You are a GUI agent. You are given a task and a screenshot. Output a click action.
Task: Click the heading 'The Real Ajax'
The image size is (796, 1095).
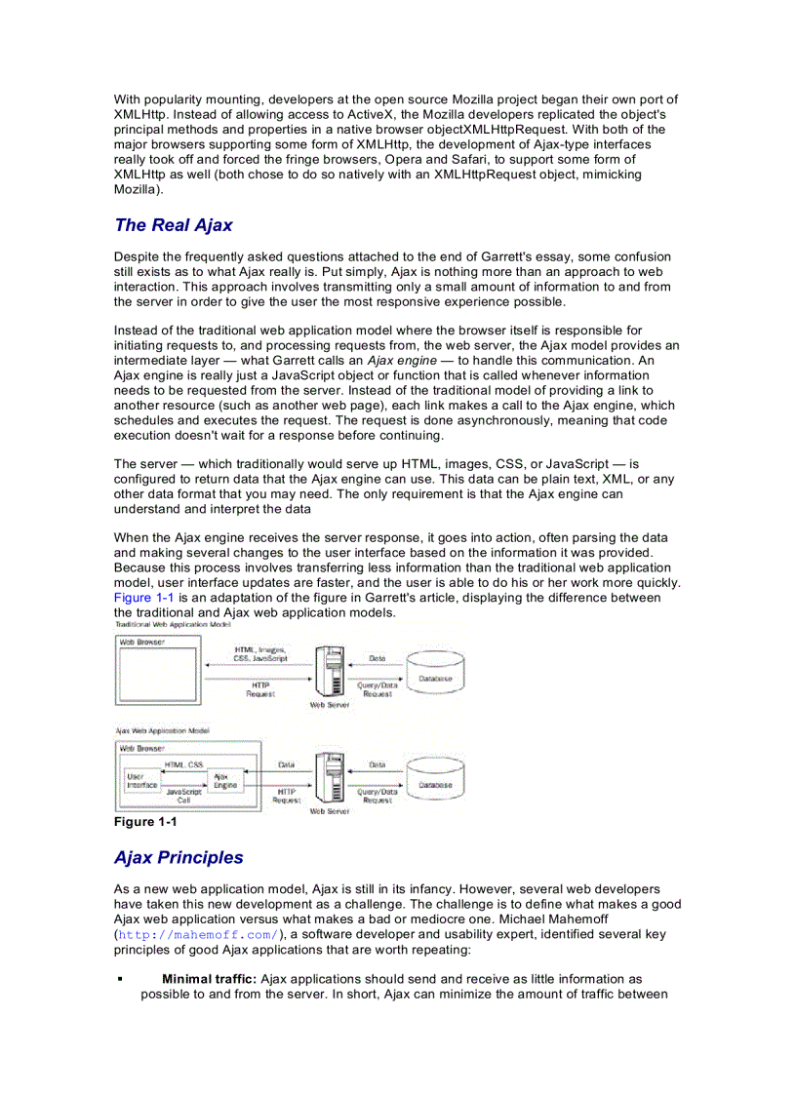[173, 225]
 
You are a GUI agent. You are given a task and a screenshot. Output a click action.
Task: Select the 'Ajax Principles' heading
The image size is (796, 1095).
[179, 858]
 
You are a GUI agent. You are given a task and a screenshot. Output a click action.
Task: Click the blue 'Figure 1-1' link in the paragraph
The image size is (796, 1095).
[143, 598]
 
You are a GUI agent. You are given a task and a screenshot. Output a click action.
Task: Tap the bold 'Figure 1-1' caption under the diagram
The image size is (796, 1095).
[145, 822]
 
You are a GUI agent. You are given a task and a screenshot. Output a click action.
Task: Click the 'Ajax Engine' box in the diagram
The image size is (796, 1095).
[225, 781]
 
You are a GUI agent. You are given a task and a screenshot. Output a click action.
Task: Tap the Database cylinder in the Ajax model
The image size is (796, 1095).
[435, 782]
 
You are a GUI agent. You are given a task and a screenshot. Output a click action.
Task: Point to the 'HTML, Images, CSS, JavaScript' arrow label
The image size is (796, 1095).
[259, 654]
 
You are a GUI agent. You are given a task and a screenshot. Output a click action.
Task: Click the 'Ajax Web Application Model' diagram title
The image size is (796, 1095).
[162, 729]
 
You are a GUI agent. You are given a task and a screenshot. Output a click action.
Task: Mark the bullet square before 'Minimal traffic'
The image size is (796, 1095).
[119, 978]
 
